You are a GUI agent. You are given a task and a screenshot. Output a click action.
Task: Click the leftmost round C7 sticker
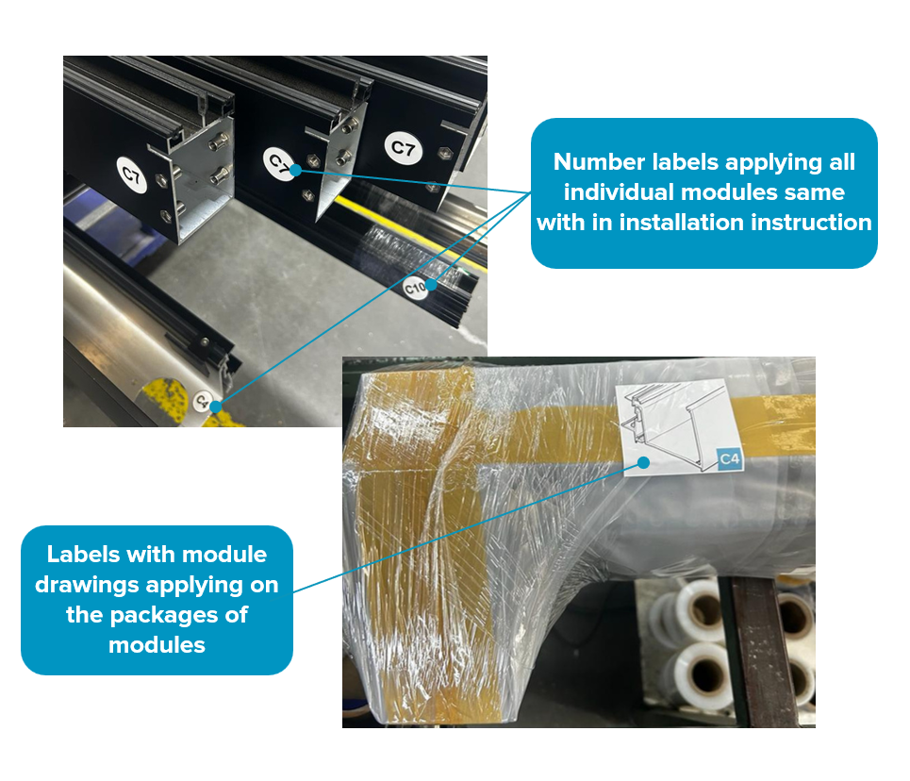[132, 174]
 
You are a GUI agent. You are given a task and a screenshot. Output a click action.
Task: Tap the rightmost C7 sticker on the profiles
[404, 148]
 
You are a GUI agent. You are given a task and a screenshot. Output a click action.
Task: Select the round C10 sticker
[415, 288]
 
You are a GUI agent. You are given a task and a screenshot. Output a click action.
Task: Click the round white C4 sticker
[202, 400]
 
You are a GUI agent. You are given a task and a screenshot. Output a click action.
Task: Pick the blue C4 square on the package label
[730, 460]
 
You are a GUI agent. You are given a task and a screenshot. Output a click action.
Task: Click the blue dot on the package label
[644, 463]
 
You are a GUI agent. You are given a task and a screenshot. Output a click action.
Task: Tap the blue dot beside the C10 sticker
[432, 285]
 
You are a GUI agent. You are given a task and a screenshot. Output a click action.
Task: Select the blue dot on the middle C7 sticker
[295, 170]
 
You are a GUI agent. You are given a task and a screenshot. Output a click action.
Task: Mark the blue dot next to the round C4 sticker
[216, 407]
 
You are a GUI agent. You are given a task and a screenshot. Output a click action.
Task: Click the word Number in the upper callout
[599, 162]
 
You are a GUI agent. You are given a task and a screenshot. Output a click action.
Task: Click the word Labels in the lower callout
[84, 554]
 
